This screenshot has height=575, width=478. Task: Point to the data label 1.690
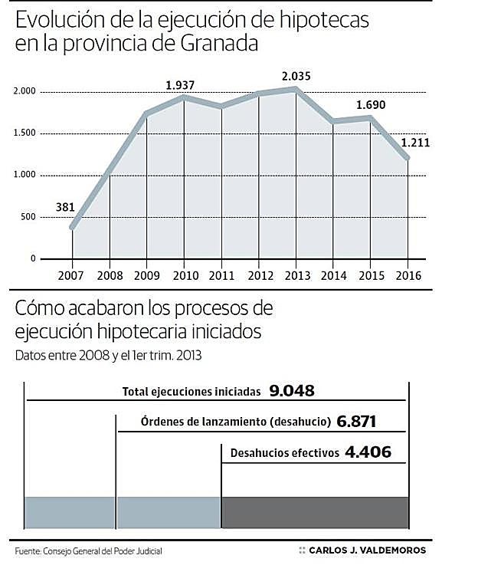(371, 104)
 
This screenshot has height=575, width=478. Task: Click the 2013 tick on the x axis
(296, 274)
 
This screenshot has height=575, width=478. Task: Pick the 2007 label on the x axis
(73, 274)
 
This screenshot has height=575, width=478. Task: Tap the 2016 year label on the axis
(408, 274)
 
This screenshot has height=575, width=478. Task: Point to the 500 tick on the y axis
(28, 217)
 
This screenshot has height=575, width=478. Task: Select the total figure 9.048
(292, 391)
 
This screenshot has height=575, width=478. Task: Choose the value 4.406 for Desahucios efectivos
(368, 452)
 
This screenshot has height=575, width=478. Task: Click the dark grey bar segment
(314, 512)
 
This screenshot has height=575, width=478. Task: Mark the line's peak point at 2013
(296, 90)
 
